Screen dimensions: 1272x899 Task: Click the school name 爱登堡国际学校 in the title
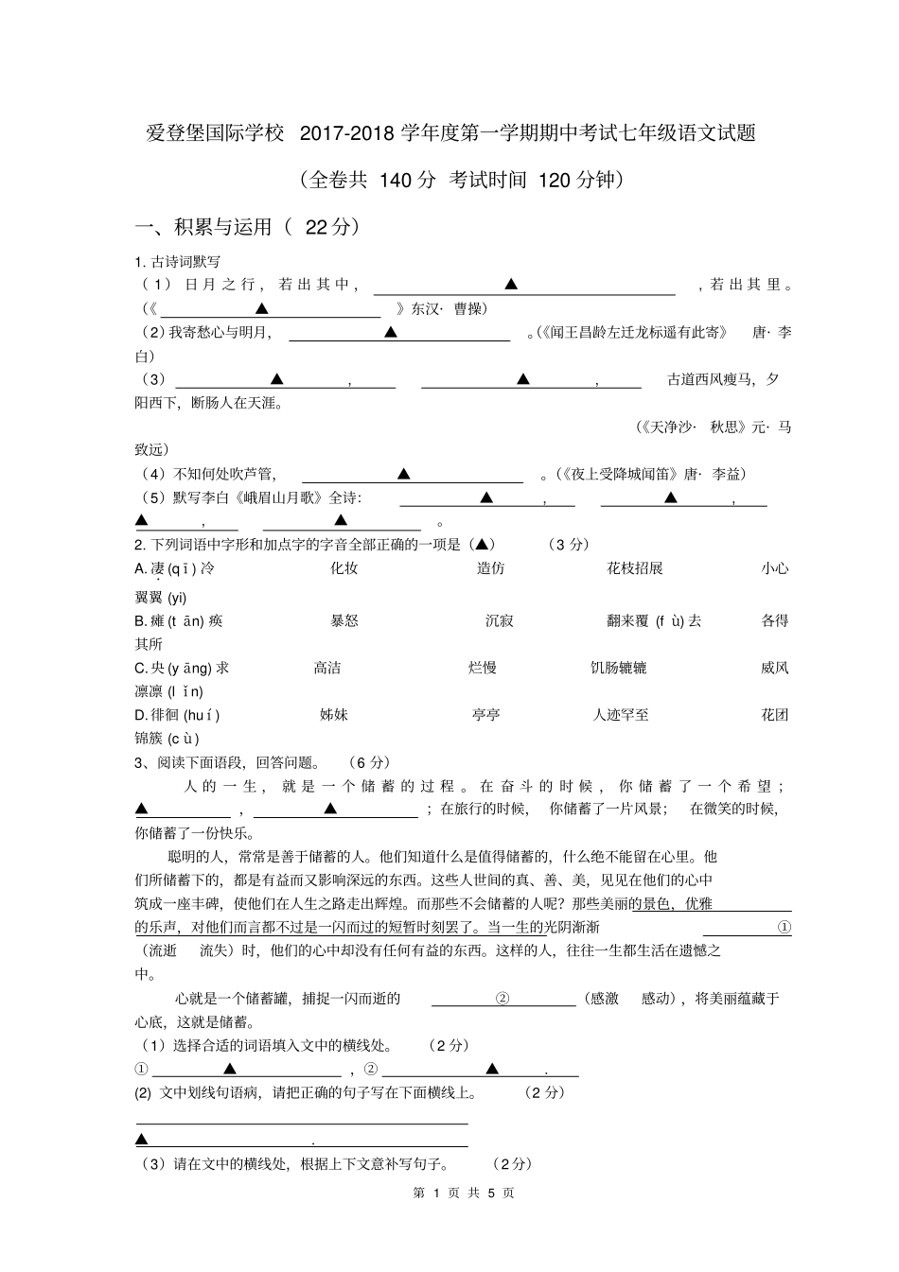[x=215, y=133]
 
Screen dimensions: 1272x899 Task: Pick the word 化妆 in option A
[x=344, y=568]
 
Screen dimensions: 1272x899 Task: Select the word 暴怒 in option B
[x=344, y=620]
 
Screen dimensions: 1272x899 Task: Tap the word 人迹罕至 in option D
[x=621, y=715]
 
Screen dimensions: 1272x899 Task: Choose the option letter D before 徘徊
[x=141, y=715]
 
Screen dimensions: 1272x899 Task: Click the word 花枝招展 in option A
[x=634, y=568]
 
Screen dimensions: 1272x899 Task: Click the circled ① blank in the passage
[x=784, y=928]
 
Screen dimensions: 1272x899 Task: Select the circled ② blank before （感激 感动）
[x=502, y=999]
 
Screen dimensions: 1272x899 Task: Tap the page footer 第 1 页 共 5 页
[x=464, y=1193]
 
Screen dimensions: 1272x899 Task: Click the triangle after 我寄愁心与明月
[x=391, y=333]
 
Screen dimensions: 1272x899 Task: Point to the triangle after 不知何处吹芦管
[x=404, y=474]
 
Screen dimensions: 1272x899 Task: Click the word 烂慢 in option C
[x=483, y=668]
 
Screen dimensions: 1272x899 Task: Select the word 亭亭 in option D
[x=485, y=715]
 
